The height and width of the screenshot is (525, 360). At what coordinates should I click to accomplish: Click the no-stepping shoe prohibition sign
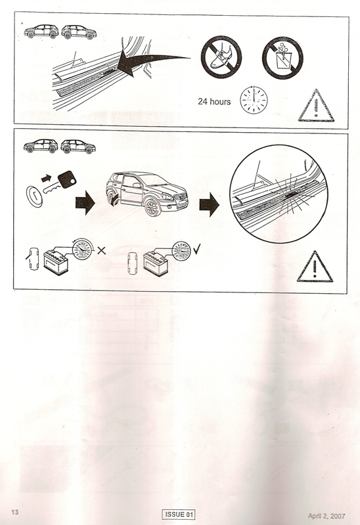pyautogui.click(x=221, y=57)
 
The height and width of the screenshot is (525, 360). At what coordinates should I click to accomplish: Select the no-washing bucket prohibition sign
pyautogui.click(x=282, y=58)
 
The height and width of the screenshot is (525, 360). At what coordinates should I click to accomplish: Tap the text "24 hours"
pyautogui.click(x=214, y=101)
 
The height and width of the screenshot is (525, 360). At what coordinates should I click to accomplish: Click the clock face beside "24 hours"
pyautogui.click(x=254, y=100)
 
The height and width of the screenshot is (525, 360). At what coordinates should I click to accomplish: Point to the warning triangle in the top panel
pyautogui.click(x=316, y=106)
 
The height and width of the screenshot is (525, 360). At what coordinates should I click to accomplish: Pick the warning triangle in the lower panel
pyautogui.click(x=315, y=267)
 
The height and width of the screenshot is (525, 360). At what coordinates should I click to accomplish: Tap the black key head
pyautogui.click(x=67, y=179)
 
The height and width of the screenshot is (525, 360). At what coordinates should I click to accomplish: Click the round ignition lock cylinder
pyautogui.click(x=34, y=196)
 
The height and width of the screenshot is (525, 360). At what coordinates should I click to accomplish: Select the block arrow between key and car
pyautogui.click(x=85, y=202)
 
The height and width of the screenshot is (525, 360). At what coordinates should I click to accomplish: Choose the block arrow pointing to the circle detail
pyautogui.click(x=210, y=204)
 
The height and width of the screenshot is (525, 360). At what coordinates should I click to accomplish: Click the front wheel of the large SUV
pyautogui.click(x=153, y=207)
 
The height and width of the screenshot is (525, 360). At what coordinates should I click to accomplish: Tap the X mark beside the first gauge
pyautogui.click(x=101, y=250)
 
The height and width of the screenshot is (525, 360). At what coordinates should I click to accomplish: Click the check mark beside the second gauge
pyautogui.click(x=196, y=249)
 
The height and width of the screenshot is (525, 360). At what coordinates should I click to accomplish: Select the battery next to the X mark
pyautogui.click(x=56, y=263)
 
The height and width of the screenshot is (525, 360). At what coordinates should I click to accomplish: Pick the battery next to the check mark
pyautogui.click(x=156, y=263)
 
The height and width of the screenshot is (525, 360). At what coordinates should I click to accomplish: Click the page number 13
pyautogui.click(x=15, y=512)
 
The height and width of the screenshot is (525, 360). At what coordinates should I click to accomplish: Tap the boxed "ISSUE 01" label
pyautogui.click(x=179, y=514)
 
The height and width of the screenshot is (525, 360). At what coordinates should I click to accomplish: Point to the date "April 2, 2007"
pyautogui.click(x=326, y=516)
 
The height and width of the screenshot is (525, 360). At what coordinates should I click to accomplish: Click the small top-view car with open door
pyautogui.click(x=33, y=258)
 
